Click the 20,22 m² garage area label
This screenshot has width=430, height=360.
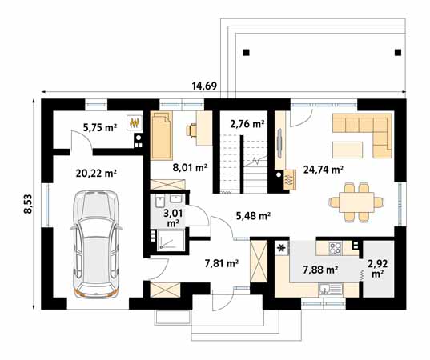[x=96, y=173]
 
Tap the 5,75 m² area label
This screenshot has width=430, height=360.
[x=100, y=127]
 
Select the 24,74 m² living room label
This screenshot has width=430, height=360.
[x=324, y=170]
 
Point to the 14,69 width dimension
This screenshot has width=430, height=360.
[x=204, y=86]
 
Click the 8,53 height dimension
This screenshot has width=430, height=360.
[x=28, y=203]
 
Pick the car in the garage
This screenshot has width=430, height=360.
[x=96, y=244]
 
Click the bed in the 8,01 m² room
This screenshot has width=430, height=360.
[x=162, y=135]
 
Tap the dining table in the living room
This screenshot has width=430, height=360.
[x=356, y=202]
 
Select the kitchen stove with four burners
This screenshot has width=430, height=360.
[x=336, y=248]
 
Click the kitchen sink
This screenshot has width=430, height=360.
[x=331, y=290]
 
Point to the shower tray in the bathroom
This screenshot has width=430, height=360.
[x=171, y=240]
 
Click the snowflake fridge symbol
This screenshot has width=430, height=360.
[x=281, y=248]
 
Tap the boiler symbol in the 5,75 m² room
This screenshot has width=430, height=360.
[x=135, y=122]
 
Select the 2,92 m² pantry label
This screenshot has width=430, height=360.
[x=378, y=269]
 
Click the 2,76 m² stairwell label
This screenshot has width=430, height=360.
[x=247, y=124]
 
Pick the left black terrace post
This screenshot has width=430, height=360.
[x=247, y=52]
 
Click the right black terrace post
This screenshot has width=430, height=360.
[x=398, y=52]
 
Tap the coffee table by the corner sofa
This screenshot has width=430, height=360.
[x=348, y=150]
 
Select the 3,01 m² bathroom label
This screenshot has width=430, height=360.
[x=173, y=218]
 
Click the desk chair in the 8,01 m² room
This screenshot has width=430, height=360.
[x=191, y=130]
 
